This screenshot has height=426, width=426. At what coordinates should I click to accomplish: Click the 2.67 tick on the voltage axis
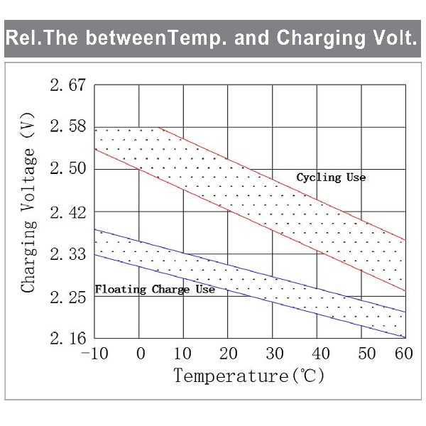(67, 85)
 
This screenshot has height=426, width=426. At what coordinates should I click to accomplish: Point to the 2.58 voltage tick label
(67, 126)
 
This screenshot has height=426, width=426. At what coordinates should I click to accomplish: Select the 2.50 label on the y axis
(67, 169)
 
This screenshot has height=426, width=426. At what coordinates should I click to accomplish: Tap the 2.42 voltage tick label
(67, 212)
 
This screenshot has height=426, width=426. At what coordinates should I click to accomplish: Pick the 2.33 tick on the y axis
(67, 254)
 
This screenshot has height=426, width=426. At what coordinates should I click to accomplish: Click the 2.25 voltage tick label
(67, 297)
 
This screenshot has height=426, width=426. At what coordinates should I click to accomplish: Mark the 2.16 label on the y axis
(67, 339)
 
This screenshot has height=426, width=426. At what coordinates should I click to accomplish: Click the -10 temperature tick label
(94, 354)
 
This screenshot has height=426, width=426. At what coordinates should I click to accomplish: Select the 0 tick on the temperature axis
(141, 354)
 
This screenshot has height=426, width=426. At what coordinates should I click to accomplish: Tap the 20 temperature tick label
(229, 354)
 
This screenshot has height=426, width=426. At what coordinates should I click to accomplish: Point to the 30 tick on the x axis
(275, 354)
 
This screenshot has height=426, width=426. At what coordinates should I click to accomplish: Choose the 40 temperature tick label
(321, 354)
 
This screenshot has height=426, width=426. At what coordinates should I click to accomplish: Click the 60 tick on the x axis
(404, 354)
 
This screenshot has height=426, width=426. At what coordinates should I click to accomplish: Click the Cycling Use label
(331, 177)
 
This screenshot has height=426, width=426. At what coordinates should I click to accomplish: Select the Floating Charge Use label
(155, 290)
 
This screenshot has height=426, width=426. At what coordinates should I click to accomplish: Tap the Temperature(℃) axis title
(249, 376)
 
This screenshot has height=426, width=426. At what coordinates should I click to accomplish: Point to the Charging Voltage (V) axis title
(28, 202)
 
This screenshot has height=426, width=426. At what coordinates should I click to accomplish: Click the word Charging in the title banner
(321, 38)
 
